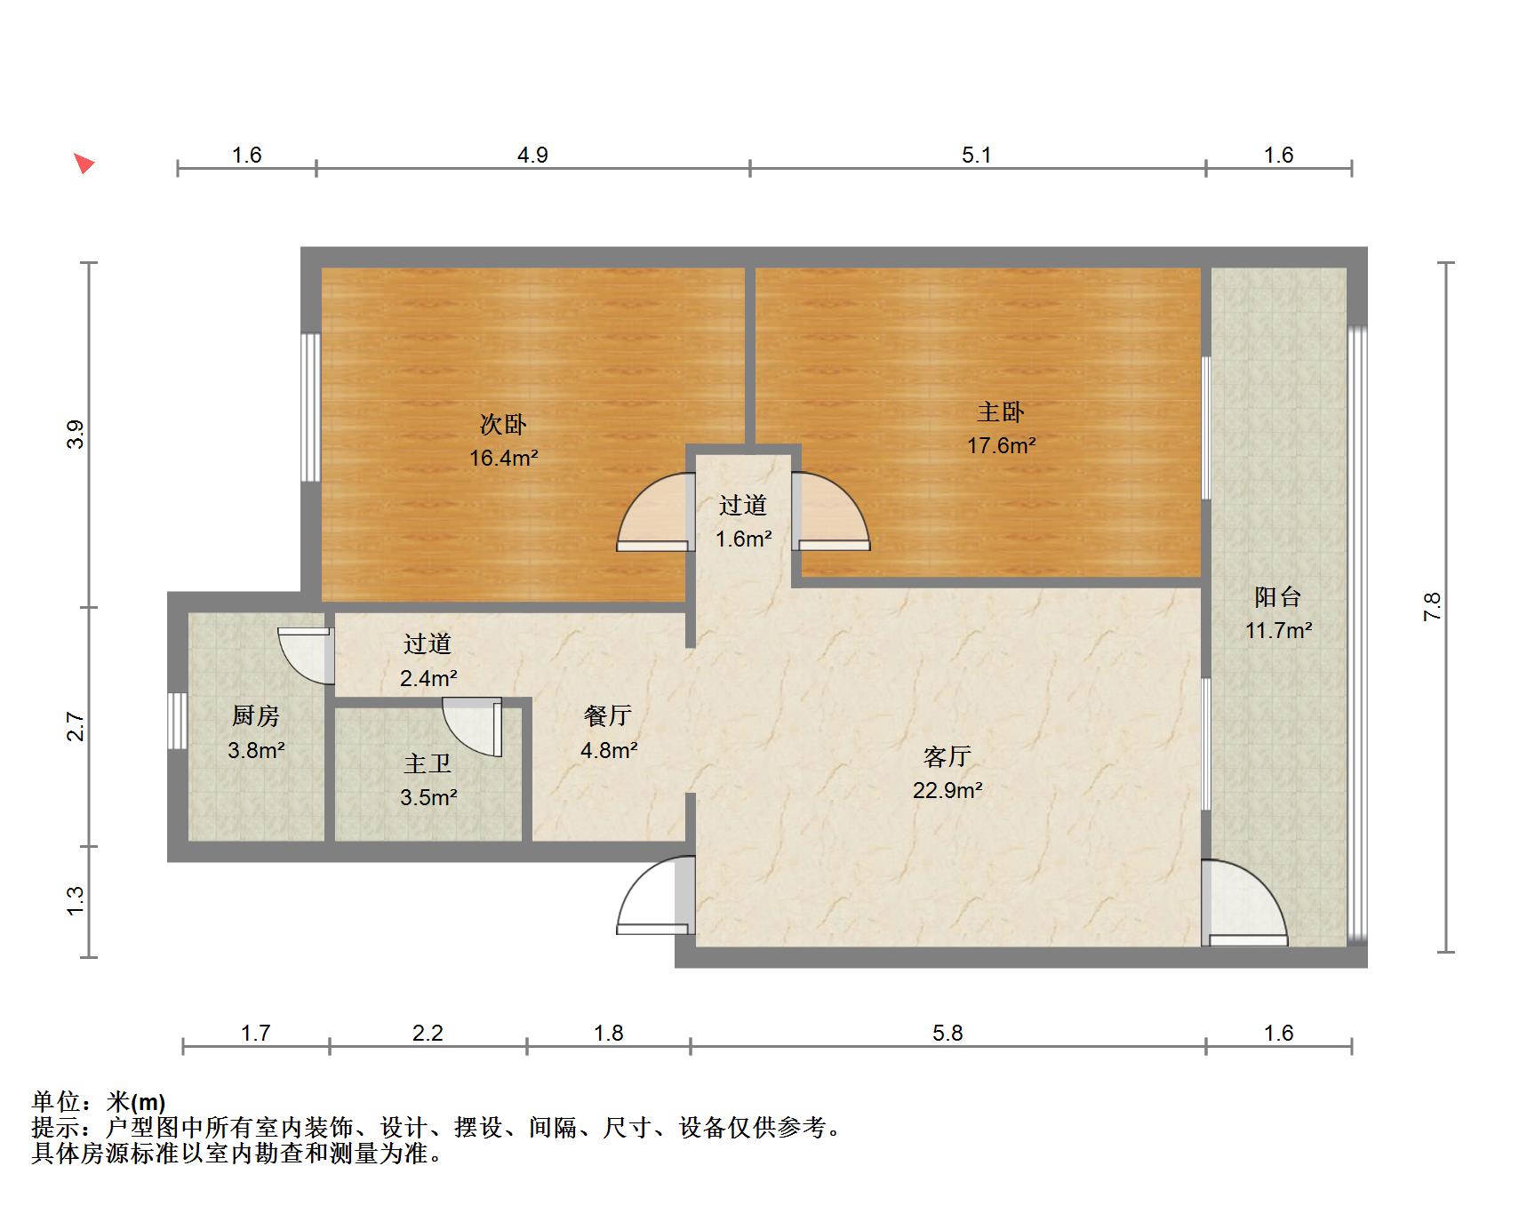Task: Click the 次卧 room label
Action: click(503, 425)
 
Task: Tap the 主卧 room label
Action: click(1001, 412)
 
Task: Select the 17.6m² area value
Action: click(1002, 445)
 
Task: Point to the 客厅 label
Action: click(947, 757)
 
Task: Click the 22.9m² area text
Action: click(947, 790)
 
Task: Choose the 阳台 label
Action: click(1278, 597)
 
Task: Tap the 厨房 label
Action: click(256, 715)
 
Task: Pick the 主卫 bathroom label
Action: click(428, 763)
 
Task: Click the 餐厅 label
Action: click(608, 715)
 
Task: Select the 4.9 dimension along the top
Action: click(532, 156)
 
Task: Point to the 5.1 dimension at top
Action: click(976, 156)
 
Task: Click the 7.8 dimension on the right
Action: click(1432, 606)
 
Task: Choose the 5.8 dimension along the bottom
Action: click(947, 1033)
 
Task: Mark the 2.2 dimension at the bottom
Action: click(428, 1033)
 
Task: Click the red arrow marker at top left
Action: click(84, 164)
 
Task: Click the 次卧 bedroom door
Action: click(656, 512)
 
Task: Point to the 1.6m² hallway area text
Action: click(744, 539)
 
